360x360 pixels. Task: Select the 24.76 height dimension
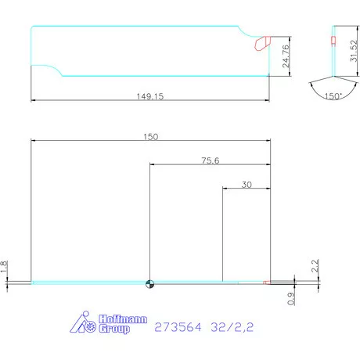click(286, 58)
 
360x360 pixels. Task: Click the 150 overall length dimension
click(150, 136)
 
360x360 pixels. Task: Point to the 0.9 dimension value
click(291, 297)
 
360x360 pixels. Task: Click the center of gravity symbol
click(149, 283)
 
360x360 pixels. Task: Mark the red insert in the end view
click(333, 41)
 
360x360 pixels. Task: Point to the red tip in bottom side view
click(266, 283)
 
